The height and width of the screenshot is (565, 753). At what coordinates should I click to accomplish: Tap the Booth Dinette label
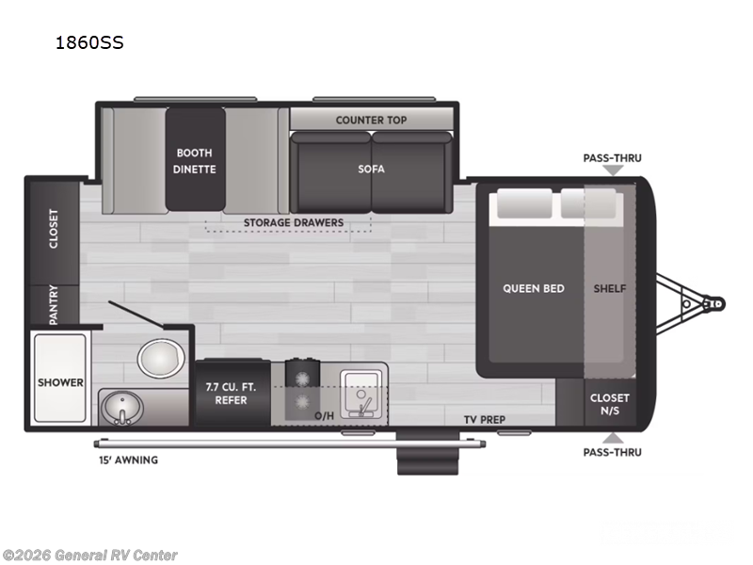[x=195, y=161]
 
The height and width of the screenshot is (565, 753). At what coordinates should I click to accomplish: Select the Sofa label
[x=371, y=169]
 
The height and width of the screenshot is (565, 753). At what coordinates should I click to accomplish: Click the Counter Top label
[x=371, y=120]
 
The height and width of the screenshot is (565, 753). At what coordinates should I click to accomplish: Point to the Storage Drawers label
[x=294, y=223]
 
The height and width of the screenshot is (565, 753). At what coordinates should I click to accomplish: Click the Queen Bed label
[x=534, y=288]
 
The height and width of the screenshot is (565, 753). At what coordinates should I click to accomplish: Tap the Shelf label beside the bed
[x=610, y=288]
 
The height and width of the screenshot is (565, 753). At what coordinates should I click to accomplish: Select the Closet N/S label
[x=610, y=404]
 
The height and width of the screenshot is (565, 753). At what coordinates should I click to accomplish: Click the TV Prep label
[x=485, y=419]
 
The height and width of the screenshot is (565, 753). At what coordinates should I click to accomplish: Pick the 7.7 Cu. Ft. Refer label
[x=226, y=394]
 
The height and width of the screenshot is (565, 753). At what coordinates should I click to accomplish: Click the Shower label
[x=60, y=382]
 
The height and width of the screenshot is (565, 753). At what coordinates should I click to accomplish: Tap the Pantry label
[x=54, y=305]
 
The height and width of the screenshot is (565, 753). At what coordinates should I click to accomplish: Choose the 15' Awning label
[x=129, y=460]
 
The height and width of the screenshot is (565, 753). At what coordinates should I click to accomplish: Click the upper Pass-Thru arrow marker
[x=613, y=170]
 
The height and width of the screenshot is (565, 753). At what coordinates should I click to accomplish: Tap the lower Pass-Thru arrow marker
[x=613, y=437]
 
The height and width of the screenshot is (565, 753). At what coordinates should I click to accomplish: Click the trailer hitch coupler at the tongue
[x=715, y=304]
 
